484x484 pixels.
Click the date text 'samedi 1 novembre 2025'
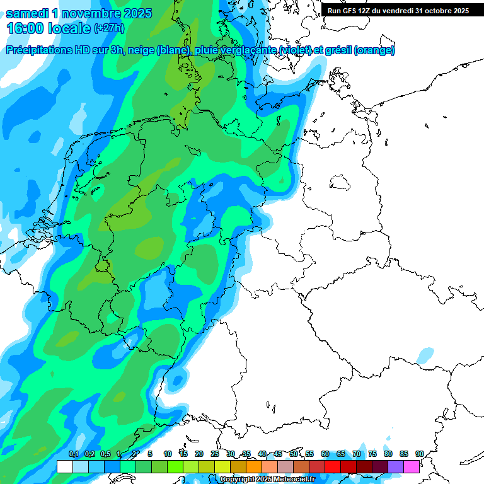[79, 13]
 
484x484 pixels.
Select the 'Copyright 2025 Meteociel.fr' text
[267, 480]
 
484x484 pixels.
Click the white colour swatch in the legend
[64, 467]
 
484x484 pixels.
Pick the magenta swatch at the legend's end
[412, 467]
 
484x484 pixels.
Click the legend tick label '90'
[419, 454]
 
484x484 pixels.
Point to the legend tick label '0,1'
[73, 454]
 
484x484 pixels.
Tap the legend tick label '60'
[325, 454]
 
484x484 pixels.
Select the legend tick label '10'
[168, 454]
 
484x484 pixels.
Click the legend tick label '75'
[372, 454]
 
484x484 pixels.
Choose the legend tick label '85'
[404, 454]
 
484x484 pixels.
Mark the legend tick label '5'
[150, 454]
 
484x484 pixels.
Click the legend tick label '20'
[199, 454]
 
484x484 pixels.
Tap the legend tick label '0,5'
[105, 454]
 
